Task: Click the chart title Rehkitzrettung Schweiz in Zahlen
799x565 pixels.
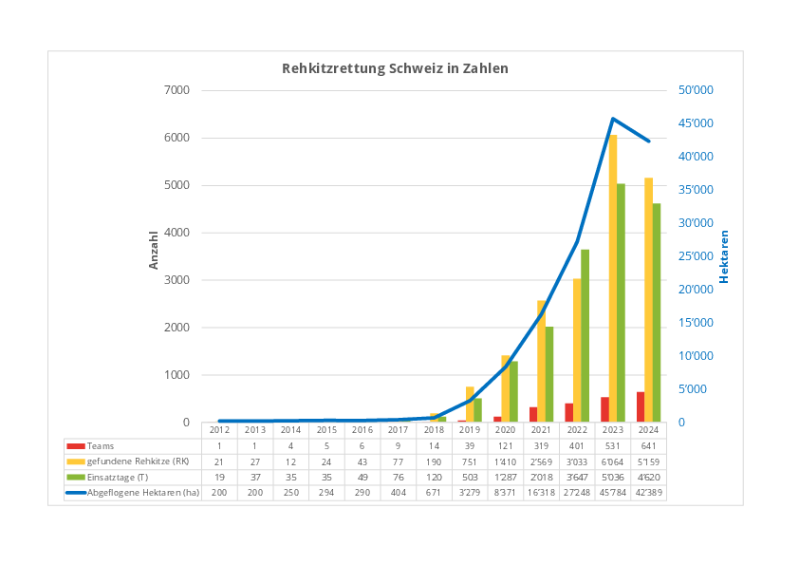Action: point(395,68)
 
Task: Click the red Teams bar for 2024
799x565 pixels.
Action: point(641,407)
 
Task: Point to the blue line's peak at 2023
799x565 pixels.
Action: point(613,119)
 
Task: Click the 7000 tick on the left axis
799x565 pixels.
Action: point(177,90)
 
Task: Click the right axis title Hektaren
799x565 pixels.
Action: point(723,256)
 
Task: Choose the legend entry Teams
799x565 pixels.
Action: point(101,445)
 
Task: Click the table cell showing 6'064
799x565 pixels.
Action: point(613,461)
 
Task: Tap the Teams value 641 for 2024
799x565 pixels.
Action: point(648,445)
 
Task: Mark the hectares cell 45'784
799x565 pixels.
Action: point(613,492)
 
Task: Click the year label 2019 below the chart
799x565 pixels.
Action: point(469,430)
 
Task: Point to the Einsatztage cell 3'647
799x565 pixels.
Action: point(577,477)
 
